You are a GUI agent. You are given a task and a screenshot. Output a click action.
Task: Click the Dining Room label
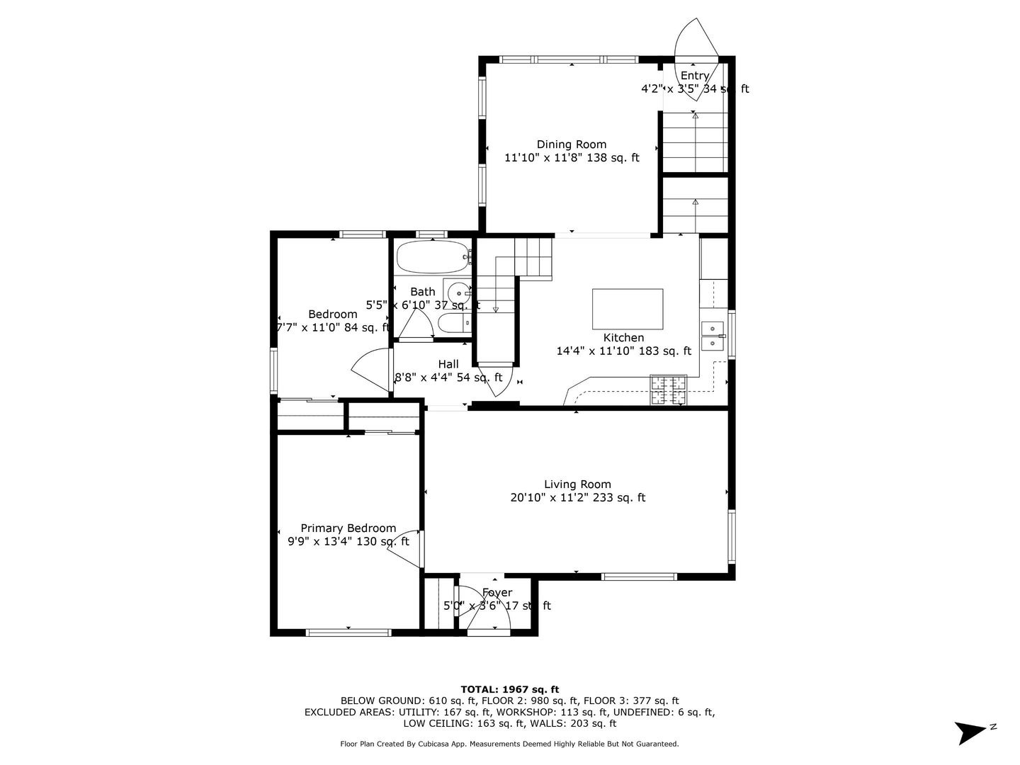[571, 144]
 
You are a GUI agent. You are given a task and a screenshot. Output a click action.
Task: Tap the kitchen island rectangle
[628, 309]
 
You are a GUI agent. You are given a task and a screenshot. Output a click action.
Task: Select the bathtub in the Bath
[432, 256]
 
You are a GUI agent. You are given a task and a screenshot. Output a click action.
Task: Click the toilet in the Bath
[453, 324]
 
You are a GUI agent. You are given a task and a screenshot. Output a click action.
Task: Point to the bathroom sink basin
[459, 291]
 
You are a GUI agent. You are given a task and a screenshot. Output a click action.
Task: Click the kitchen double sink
[711, 335]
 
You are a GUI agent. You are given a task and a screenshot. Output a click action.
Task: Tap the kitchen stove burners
[669, 390]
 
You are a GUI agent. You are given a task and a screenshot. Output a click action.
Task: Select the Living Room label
[577, 484]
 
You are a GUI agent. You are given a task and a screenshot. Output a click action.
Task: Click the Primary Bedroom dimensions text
[348, 542]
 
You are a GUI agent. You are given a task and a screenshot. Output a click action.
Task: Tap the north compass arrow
[970, 732]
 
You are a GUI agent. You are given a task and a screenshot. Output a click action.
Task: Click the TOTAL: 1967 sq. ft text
[509, 688]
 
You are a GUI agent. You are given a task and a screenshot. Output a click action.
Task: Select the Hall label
[448, 364]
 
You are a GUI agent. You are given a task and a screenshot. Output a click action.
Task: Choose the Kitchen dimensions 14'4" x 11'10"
[623, 351]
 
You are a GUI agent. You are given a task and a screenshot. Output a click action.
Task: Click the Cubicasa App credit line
[509, 744]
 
